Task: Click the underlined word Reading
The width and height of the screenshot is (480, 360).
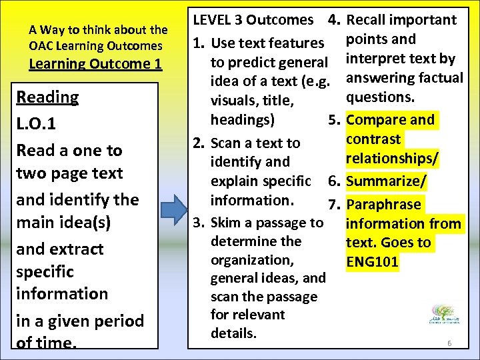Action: point(47,97)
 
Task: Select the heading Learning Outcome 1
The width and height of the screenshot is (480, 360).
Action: point(95,64)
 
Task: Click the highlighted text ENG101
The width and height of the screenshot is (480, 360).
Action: point(373,262)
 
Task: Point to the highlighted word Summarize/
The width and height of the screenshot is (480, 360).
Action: point(387,181)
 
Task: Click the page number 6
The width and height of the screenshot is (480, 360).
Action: point(449,343)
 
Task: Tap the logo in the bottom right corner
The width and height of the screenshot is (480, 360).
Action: point(442,314)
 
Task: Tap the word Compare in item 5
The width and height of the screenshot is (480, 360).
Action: point(375,120)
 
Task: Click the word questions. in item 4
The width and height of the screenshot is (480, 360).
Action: point(381,97)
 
